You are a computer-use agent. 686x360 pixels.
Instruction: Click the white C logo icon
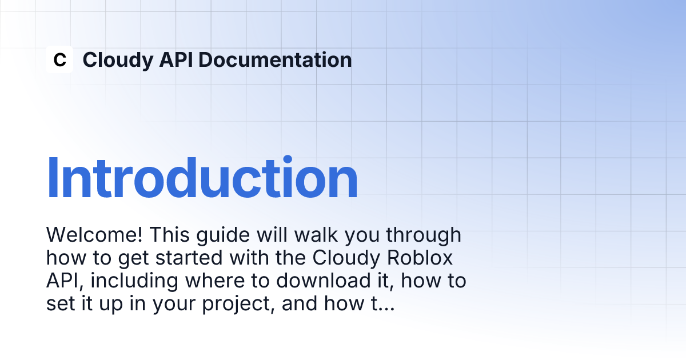tap(59, 59)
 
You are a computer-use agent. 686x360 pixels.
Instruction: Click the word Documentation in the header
tap(275, 59)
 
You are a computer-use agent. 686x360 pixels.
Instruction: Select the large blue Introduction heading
tap(202, 178)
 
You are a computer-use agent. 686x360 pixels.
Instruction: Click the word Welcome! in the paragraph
tap(94, 235)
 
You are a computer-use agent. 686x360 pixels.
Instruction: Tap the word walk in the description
tap(316, 235)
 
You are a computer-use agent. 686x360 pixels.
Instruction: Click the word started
tap(189, 258)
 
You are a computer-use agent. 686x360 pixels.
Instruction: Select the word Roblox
tap(420, 258)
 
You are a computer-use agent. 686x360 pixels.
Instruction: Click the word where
tap(215, 281)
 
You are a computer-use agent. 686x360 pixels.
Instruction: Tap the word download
tap(323, 281)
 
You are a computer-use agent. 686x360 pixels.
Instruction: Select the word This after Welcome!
tap(169, 235)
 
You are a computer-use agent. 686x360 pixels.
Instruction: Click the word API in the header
tap(176, 59)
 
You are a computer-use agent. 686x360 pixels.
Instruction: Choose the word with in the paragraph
tap(249, 258)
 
